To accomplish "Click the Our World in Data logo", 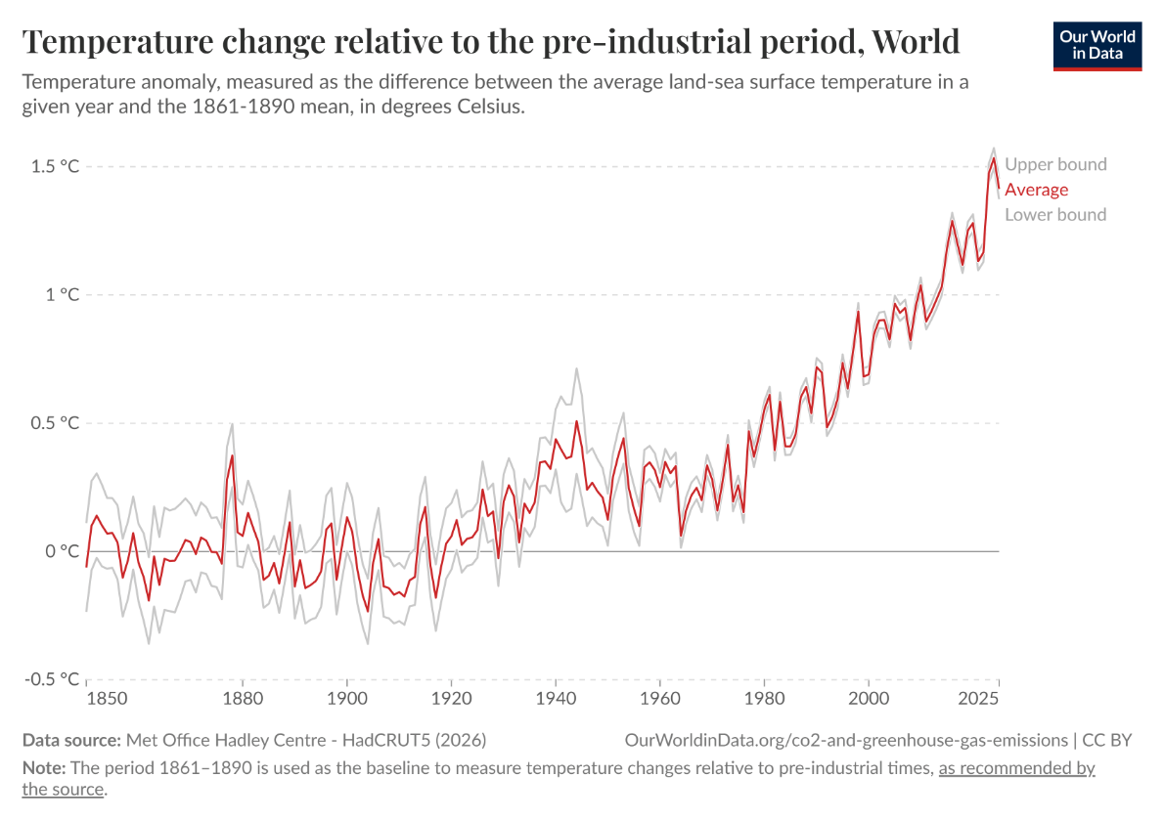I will click(x=1097, y=44).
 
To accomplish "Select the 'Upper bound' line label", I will click(x=1055, y=164).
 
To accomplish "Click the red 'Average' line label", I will click(x=1036, y=190).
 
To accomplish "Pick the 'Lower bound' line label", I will click(x=1055, y=215).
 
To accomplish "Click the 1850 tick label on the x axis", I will click(x=106, y=700).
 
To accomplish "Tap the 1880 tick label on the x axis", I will click(x=242, y=700).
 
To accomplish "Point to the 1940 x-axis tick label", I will click(x=555, y=700).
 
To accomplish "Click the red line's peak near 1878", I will click(x=233, y=455).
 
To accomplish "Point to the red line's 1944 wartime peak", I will click(x=576, y=421).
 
